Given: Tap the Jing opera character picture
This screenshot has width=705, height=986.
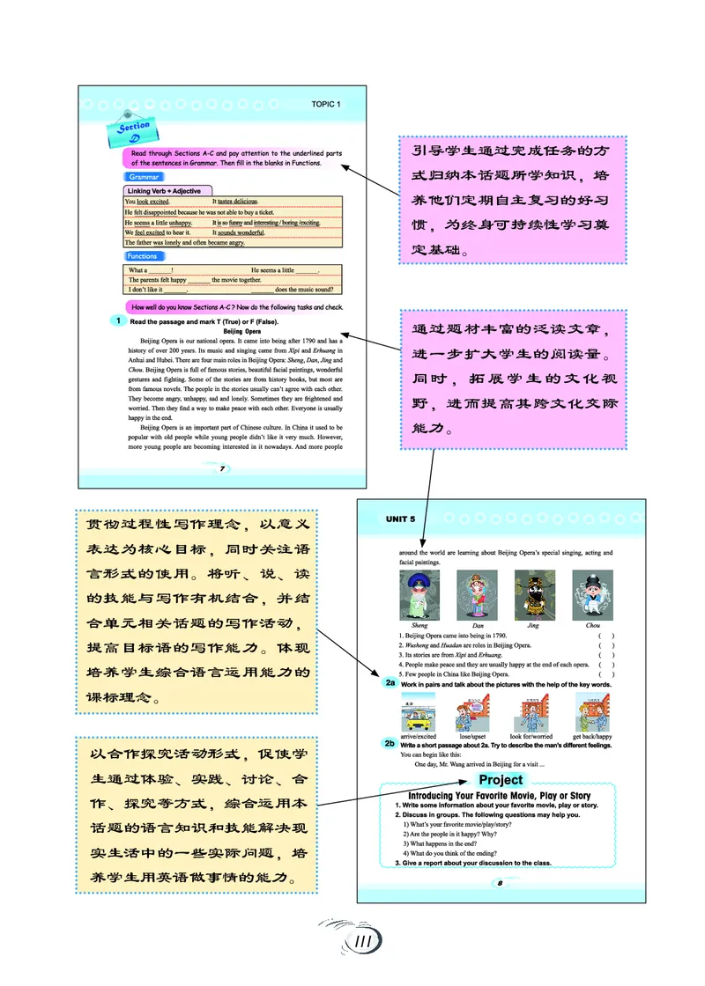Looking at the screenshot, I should pos(533,595).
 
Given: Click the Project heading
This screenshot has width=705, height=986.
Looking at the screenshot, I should pos(501,780).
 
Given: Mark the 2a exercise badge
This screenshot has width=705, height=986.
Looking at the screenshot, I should pos(390,683).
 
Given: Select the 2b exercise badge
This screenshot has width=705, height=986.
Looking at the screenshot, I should pos(390,743).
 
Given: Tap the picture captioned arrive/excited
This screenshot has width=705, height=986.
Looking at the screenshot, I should pos(417,710).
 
